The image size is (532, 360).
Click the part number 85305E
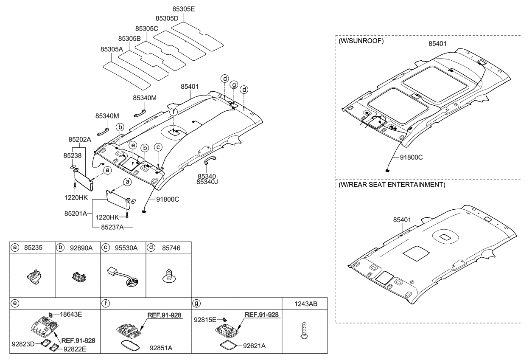coord(184,8)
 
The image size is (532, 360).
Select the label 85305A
coord(112,49)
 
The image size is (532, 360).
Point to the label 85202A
coord(79,139)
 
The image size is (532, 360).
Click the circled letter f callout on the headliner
coord(174,112)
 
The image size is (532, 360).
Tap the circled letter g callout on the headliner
coord(233,85)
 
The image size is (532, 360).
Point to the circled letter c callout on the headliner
coord(158,147)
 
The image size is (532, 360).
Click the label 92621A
coord(254,346)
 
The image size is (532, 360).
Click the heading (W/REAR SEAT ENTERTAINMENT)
coord(392,185)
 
